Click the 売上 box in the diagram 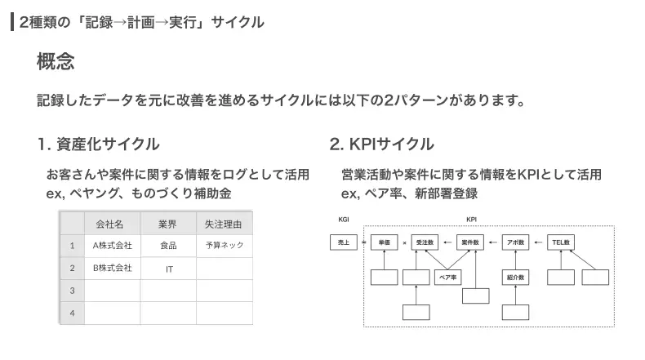coord(344,242)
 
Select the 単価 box coord(385,242)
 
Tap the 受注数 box coord(425,242)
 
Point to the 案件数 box coord(470,242)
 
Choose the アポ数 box coord(515,242)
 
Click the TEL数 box coord(561,242)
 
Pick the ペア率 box coord(448,278)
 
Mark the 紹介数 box coord(515,278)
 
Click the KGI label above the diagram coord(344,220)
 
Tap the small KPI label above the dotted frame coord(471,220)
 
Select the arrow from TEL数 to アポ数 coord(538,242)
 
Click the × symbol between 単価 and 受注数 coord(404,242)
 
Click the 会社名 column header coord(109,224)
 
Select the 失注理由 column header coord(224,224)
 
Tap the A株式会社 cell coord(113,246)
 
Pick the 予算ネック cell coord(225,245)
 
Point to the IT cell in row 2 coord(169,269)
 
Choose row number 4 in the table coord(73,313)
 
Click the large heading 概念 coord(56,61)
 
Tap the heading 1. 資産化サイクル coord(98,144)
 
